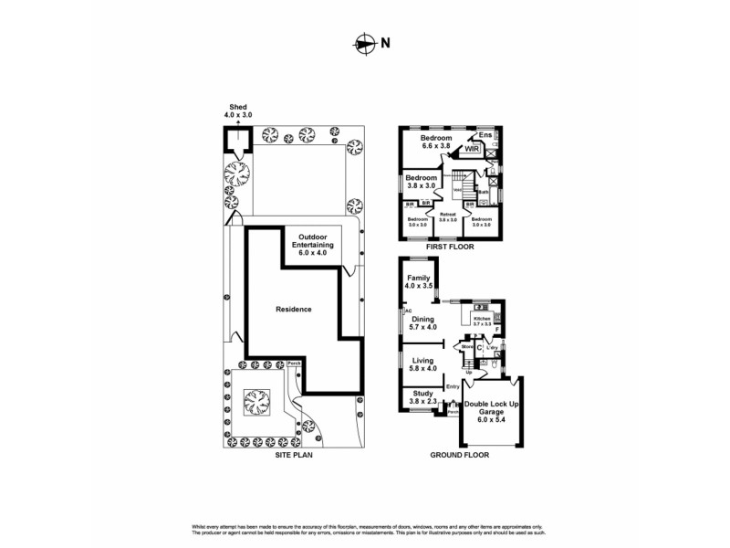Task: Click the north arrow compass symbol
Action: pos(364,43)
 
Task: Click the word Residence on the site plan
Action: pos(294,309)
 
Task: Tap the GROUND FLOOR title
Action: pos(459,454)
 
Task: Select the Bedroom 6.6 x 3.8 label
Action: pos(436,142)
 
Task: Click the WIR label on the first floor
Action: pos(472,148)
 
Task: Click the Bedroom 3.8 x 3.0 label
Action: pos(421,181)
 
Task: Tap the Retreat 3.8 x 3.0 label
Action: pos(447,217)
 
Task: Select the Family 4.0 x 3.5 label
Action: pos(419,281)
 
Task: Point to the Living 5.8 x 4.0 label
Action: pos(422,365)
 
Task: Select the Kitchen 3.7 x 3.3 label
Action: pos(482,321)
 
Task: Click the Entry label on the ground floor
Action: pos(454,387)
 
